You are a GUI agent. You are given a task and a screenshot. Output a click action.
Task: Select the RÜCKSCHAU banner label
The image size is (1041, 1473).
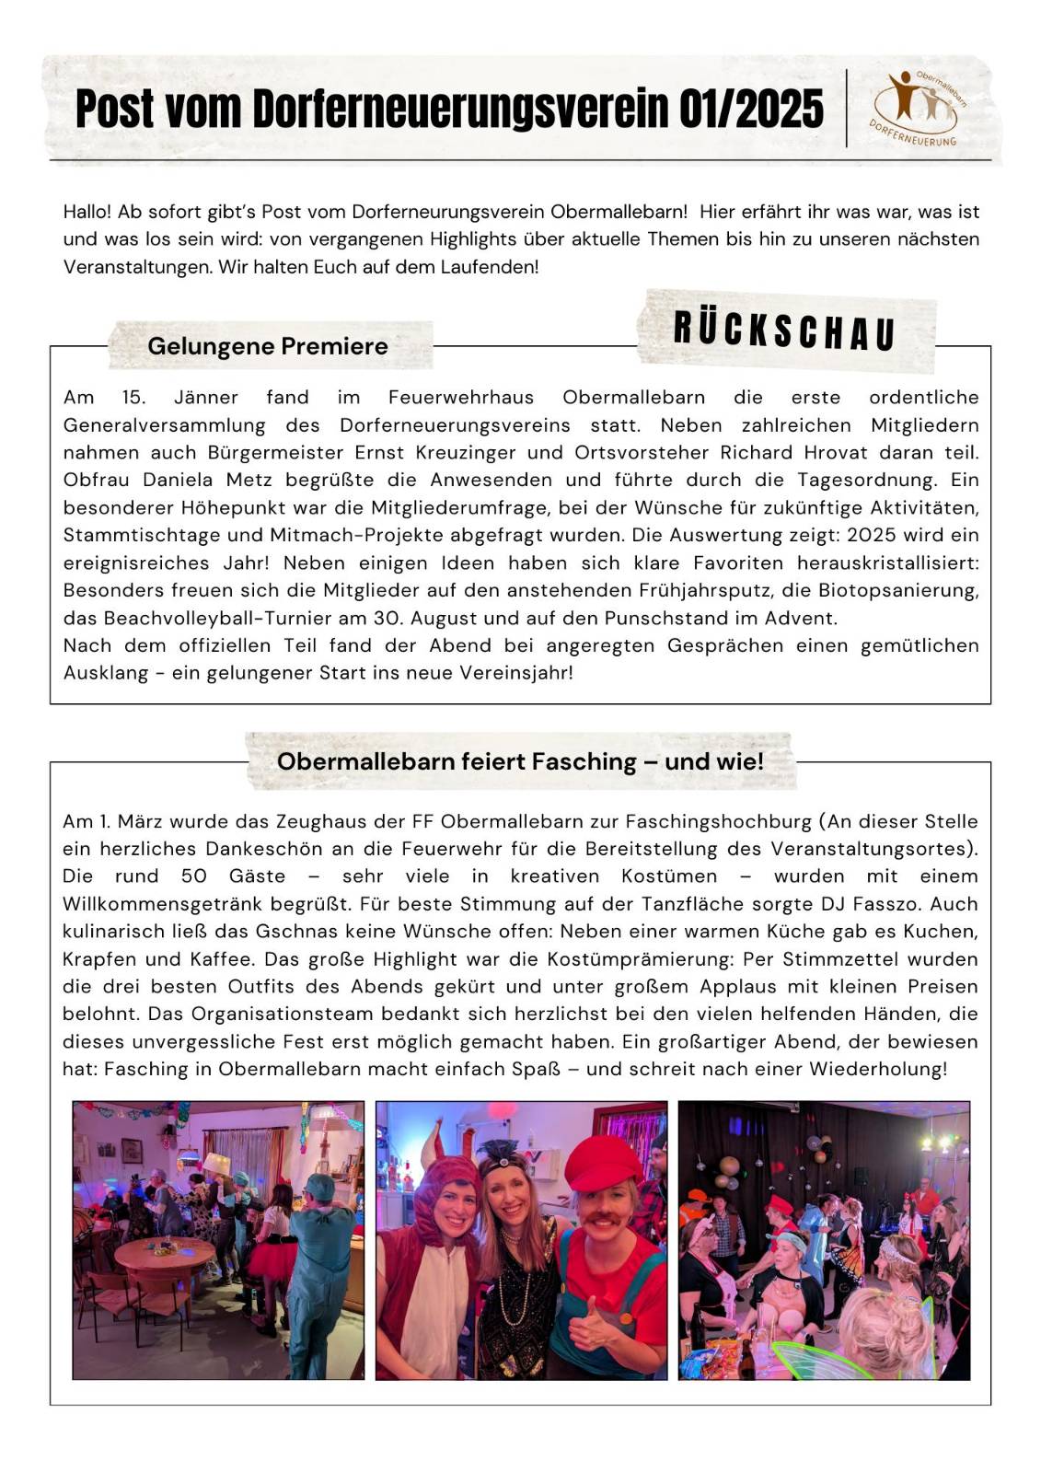[x=785, y=331]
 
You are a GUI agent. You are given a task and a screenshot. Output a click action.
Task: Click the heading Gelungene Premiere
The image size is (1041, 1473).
[x=267, y=346]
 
